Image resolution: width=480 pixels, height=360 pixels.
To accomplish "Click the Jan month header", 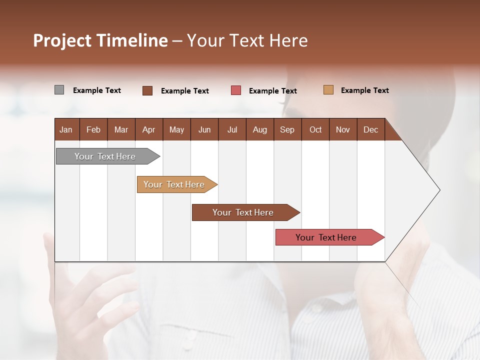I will [x=66, y=129].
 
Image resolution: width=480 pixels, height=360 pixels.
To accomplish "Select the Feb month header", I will [x=93, y=129].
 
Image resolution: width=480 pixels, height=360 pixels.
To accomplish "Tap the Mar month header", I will [x=121, y=129].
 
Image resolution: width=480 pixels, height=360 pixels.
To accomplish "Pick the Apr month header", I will [x=149, y=129].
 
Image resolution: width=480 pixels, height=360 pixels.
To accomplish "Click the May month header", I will [x=176, y=129].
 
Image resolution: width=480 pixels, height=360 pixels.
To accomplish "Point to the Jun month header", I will [x=204, y=129].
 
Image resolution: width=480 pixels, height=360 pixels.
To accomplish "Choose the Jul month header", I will [x=232, y=129].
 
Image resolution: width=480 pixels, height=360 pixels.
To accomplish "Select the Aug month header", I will [x=260, y=129].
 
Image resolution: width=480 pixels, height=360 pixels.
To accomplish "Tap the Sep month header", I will [x=287, y=129].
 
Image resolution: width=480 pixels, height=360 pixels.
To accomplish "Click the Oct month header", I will [x=315, y=129].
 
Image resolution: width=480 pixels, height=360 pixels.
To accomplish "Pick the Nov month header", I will [x=343, y=129].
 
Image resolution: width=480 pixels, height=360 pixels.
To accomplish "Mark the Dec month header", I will [x=371, y=129].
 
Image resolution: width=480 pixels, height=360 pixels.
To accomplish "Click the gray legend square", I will [x=59, y=90].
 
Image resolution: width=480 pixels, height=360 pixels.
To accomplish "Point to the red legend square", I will [x=236, y=90].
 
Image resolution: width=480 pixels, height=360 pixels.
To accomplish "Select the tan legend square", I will [x=328, y=90].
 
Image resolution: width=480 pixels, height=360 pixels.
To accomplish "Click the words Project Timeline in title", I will [x=100, y=40].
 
